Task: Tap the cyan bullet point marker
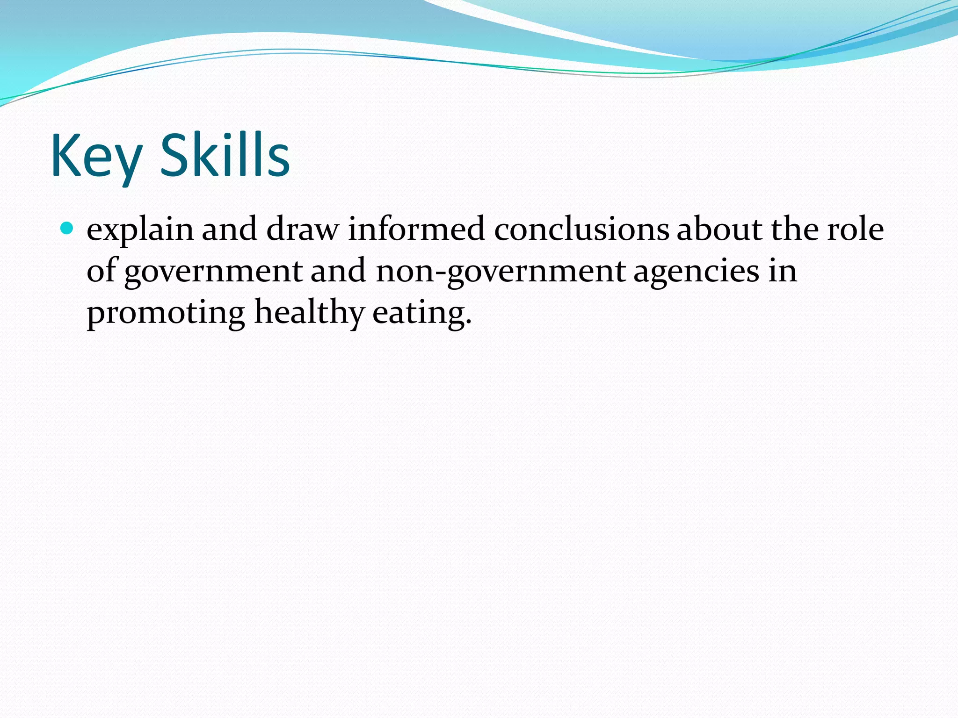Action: tap(67, 229)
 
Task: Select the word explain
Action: tap(140, 230)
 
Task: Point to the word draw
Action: tap(302, 230)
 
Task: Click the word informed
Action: tap(416, 230)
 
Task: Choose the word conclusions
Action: tap(581, 230)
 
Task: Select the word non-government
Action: tap(501, 272)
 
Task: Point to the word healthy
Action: tap(309, 313)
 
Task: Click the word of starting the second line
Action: tap(101, 271)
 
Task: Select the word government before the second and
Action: tap(213, 272)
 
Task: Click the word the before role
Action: tap(795, 230)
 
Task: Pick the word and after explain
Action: tap(229, 230)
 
